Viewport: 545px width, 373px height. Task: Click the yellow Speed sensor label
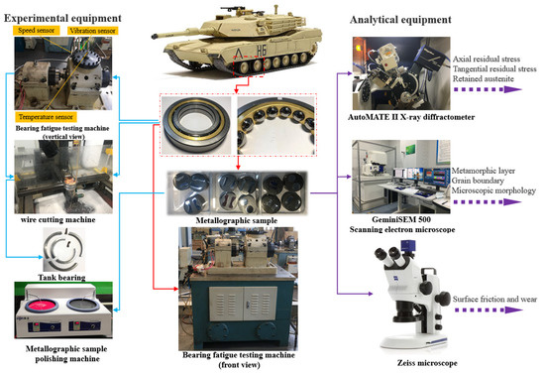pos(36,31)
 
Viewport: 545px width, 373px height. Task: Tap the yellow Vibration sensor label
pos(92,31)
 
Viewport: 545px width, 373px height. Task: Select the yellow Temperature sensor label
pos(46,117)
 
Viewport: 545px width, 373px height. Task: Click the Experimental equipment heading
pos(62,18)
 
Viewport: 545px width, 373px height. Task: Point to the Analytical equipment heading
pos(400,20)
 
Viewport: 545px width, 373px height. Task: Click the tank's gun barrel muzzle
pos(155,35)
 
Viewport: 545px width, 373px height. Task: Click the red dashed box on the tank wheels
pos(249,65)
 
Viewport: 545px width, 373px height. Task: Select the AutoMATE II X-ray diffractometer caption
pos(411,117)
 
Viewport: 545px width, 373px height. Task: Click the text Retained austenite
pos(484,79)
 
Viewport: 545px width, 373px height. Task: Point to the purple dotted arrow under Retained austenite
pos(488,89)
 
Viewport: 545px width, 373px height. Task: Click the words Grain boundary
pos(478,181)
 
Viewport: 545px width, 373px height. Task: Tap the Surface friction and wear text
pos(494,299)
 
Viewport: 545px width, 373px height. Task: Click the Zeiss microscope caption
pos(427,363)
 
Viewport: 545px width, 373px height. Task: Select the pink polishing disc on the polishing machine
pos(42,306)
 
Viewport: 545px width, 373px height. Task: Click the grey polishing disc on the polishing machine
pos(82,305)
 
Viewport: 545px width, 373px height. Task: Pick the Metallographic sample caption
pos(237,220)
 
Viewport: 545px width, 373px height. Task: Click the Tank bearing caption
pos(61,278)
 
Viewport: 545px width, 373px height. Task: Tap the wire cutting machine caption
pos(58,220)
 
